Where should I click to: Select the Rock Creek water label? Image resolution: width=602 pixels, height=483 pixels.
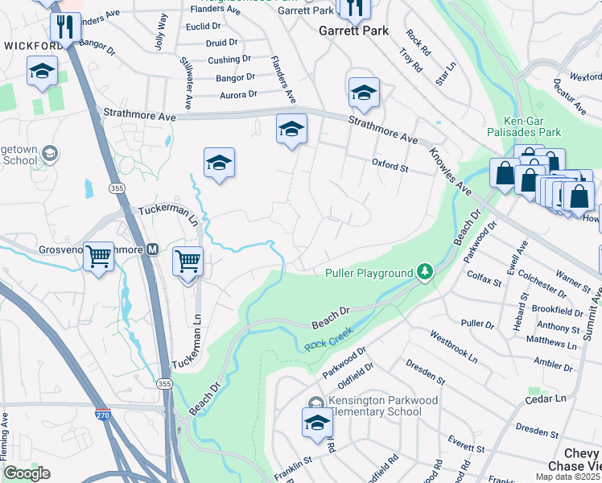coord(325,344)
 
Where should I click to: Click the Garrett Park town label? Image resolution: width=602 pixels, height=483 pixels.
coord(354,31)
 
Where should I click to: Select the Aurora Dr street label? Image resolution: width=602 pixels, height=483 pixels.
coord(237,94)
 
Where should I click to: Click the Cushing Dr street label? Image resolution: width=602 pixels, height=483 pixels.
coord(229,60)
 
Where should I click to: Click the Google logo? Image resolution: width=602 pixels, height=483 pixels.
coord(27,473)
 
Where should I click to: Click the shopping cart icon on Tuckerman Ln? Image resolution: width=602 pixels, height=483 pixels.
coord(188,261)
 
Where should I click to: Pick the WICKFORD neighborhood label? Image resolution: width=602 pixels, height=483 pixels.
coord(32,46)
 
